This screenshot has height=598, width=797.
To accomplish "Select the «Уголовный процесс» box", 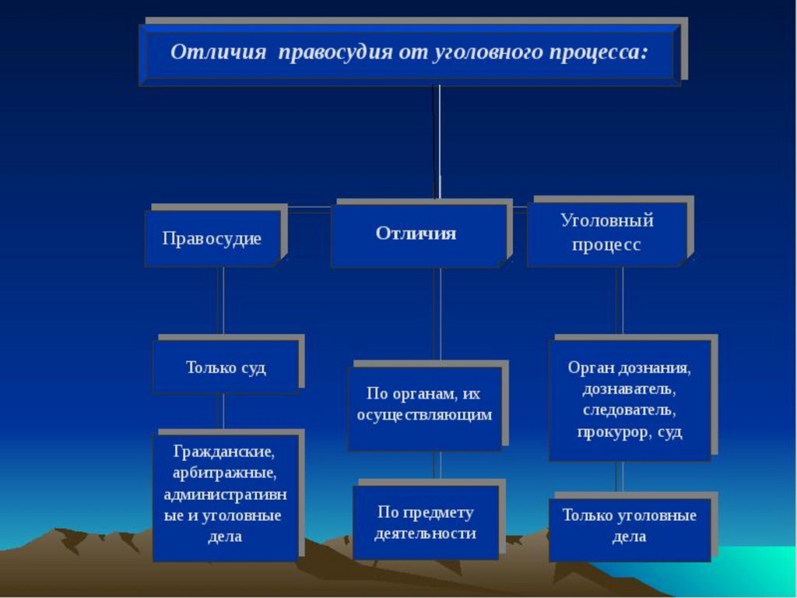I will [607, 232].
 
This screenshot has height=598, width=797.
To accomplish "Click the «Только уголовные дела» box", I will [629, 526].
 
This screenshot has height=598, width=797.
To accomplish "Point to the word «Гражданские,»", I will [223, 452].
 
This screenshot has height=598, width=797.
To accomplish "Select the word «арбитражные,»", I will [225, 473].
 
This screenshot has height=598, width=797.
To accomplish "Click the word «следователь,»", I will [629, 410].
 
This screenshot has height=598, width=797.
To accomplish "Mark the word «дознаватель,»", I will [629, 388].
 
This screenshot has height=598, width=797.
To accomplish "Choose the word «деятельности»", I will [425, 534].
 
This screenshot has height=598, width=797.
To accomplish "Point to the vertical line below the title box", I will [437, 140].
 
